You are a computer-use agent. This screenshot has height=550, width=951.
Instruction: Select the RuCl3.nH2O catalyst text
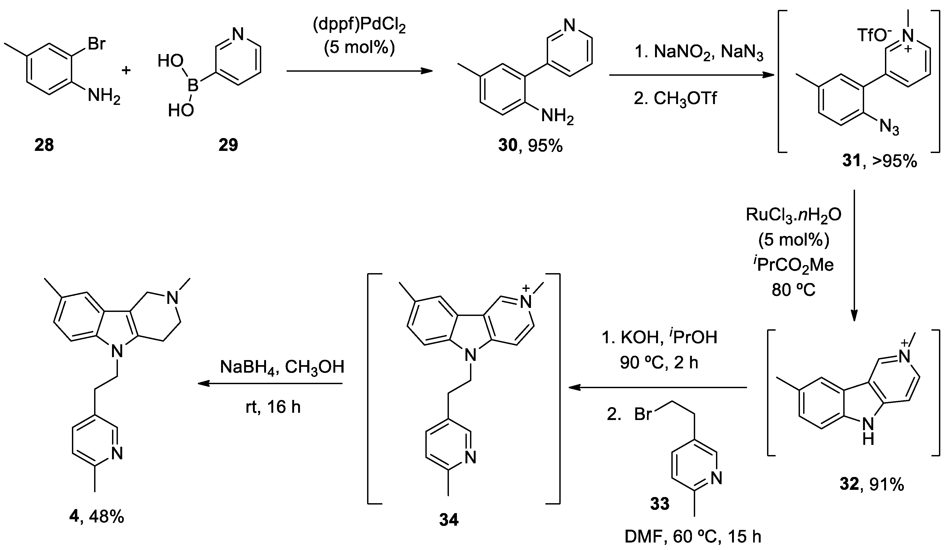793,215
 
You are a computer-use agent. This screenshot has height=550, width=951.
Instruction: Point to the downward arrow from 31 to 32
854,257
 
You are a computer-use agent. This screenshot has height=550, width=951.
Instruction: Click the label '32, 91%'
872,484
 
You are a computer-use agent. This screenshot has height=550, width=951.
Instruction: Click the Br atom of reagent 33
643,414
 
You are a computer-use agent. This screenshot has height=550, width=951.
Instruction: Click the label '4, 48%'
97,517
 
